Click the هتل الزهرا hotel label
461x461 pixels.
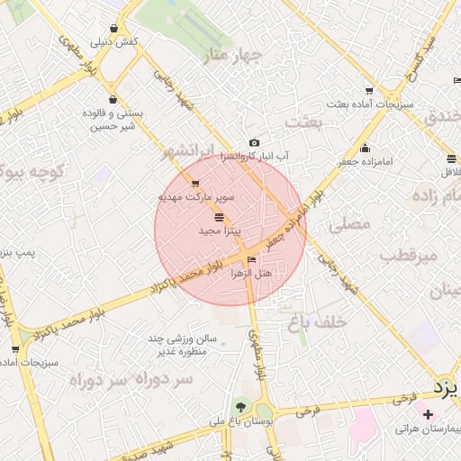pyautogui.click(x=252, y=271)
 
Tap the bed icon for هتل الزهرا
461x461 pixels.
pyautogui.click(x=251, y=259)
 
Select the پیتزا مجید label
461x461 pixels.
pyautogui.click(x=216, y=231)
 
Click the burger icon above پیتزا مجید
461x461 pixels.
pyautogui.click(x=220, y=218)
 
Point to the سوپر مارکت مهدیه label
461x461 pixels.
pyautogui.click(x=196, y=195)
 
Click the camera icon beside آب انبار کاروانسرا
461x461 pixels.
pyautogui.click(x=254, y=143)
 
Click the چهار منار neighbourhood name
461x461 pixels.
pyautogui.click(x=232, y=56)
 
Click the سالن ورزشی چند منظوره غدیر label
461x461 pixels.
pyautogui.click(x=185, y=344)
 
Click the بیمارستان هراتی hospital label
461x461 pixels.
pyautogui.click(x=428, y=429)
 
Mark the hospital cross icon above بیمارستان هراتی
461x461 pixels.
pyautogui.click(x=428, y=414)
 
